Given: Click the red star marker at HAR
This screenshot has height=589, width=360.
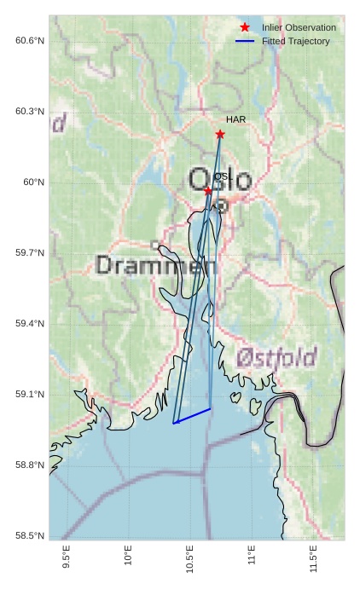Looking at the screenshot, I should pyautogui.click(x=220, y=134).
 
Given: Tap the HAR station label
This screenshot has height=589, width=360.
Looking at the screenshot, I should pyautogui.click(x=235, y=119).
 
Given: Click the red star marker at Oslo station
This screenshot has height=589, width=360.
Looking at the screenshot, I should pyautogui.click(x=208, y=191).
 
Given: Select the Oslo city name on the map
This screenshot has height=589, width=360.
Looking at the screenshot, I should pyautogui.click(x=220, y=180).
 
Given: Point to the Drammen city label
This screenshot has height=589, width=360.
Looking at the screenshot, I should pyautogui.click(x=155, y=265).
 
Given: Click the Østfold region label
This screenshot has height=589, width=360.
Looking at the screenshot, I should pyautogui.click(x=276, y=356).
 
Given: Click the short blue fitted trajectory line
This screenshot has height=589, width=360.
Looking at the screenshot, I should pyautogui.click(x=192, y=416).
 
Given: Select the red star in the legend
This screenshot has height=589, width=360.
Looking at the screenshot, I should pyautogui.click(x=245, y=27).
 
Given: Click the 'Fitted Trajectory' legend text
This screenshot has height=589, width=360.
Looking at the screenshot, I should pyautogui.click(x=295, y=41).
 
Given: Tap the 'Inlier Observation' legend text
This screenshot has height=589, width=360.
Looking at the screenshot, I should pyautogui.click(x=299, y=27).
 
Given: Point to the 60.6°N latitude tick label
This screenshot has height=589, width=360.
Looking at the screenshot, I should pyautogui.click(x=30, y=41).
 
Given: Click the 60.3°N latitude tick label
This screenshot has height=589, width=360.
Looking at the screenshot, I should pyautogui.click(x=30, y=112).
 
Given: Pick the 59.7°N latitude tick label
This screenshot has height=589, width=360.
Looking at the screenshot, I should pyautogui.click(x=30, y=253).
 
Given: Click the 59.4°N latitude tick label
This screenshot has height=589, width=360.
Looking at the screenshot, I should pyautogui.click(x=30, y=324).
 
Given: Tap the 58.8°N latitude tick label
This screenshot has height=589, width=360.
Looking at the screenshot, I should pyautogui.click(x=30, y=465).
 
